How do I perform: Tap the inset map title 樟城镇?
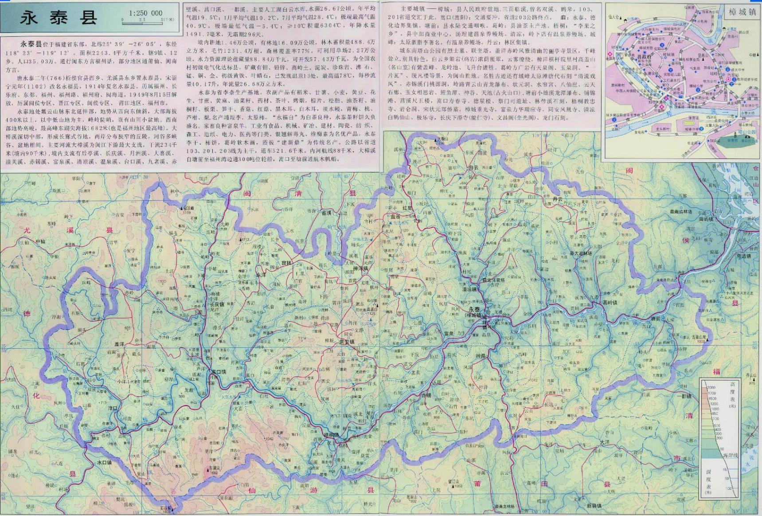[742, 12]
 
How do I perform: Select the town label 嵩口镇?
[219, 371]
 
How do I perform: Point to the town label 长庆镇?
[217, 305]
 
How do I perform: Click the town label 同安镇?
[346, 342]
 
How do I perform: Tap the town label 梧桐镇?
[331, 434]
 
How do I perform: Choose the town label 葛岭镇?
[610, 302]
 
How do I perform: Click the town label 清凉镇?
[469, 289]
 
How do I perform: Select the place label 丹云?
[557, 199]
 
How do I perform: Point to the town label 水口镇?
[104, 462]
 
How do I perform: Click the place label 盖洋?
[119, 344]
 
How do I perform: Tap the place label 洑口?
[112, 407]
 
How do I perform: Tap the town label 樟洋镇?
[360, 269]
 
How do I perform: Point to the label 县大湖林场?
[580, 253]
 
